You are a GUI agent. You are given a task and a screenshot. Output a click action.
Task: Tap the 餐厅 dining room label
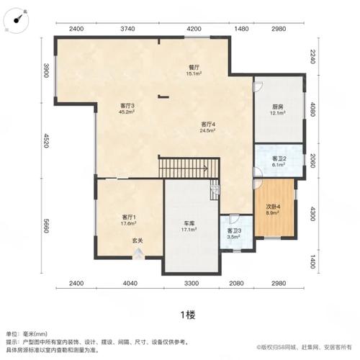pyautogui.click(x=194, y=70)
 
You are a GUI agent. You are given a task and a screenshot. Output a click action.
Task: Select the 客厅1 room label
pyautogui.click(x=129, y=220)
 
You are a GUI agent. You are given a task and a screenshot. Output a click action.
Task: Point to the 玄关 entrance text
pyautogui.click(x=137, y=240)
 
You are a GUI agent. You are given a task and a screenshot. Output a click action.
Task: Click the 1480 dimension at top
pyautogui.click(x=242, y=29)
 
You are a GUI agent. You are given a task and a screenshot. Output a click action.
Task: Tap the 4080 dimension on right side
pyautogui.click(x=312, y=112)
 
